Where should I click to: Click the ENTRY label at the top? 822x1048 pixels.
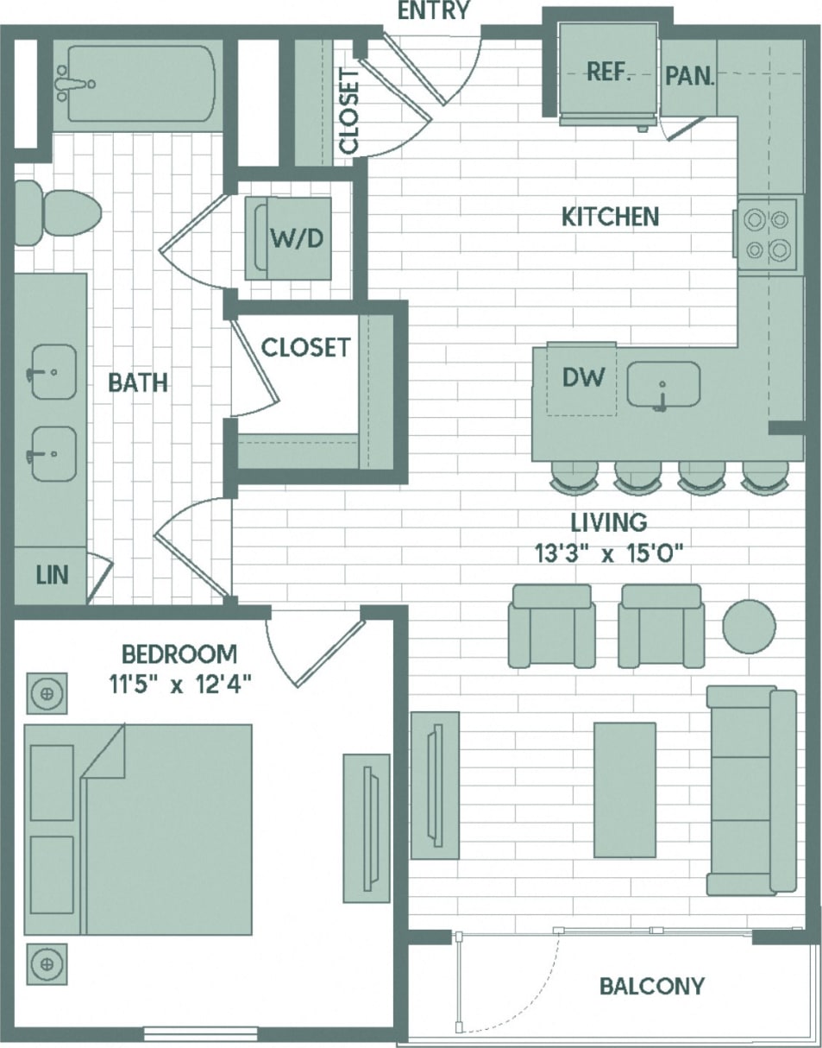pos(434,11)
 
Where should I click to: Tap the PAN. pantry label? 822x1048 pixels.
pos(690,76)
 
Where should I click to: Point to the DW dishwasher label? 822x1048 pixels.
pos(583,376)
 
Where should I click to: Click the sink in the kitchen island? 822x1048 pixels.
pos(662,385)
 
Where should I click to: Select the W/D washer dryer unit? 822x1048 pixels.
pos(296,238)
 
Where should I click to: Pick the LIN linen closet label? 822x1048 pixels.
pos(52,575)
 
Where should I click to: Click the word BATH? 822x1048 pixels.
pos(138,382)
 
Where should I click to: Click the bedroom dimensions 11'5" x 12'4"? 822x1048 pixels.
pos(179,685)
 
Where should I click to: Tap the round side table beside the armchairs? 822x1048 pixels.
pos(748,626)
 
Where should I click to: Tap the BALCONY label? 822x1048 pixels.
pos(651,986)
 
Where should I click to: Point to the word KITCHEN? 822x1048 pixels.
pos(610,217)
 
